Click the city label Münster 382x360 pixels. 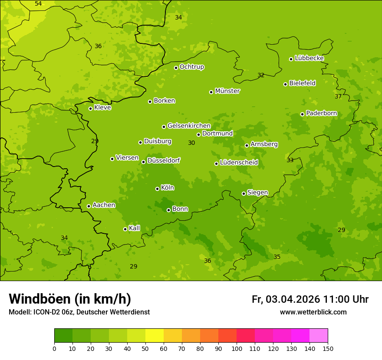[x=227, y=91]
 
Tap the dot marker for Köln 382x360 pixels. [x=157, y=189]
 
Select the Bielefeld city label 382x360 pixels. [x=302, y=83]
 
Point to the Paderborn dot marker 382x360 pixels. [x=303, y=114]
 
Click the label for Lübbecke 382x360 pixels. [x=309, y=58]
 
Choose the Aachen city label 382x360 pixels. [x=104, y=205]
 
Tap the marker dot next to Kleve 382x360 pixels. [x=90, y=108]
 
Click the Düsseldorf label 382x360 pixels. [x=164, y=160]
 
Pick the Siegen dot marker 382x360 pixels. [x=244, y=193]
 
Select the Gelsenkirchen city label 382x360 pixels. [x=189, y=126]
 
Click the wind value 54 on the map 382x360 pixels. [x=38, y=4]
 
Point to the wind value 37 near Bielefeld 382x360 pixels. [x=338, y=96]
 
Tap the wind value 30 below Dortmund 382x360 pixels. [x=191, y=143]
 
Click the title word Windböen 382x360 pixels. [x=40, y=299]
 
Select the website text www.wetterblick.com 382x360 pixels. [x=313, y=312]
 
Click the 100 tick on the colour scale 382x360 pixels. [x=237, y=348]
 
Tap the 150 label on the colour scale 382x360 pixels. [x=328, y=348]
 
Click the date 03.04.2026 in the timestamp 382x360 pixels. [x=293, y=299]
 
